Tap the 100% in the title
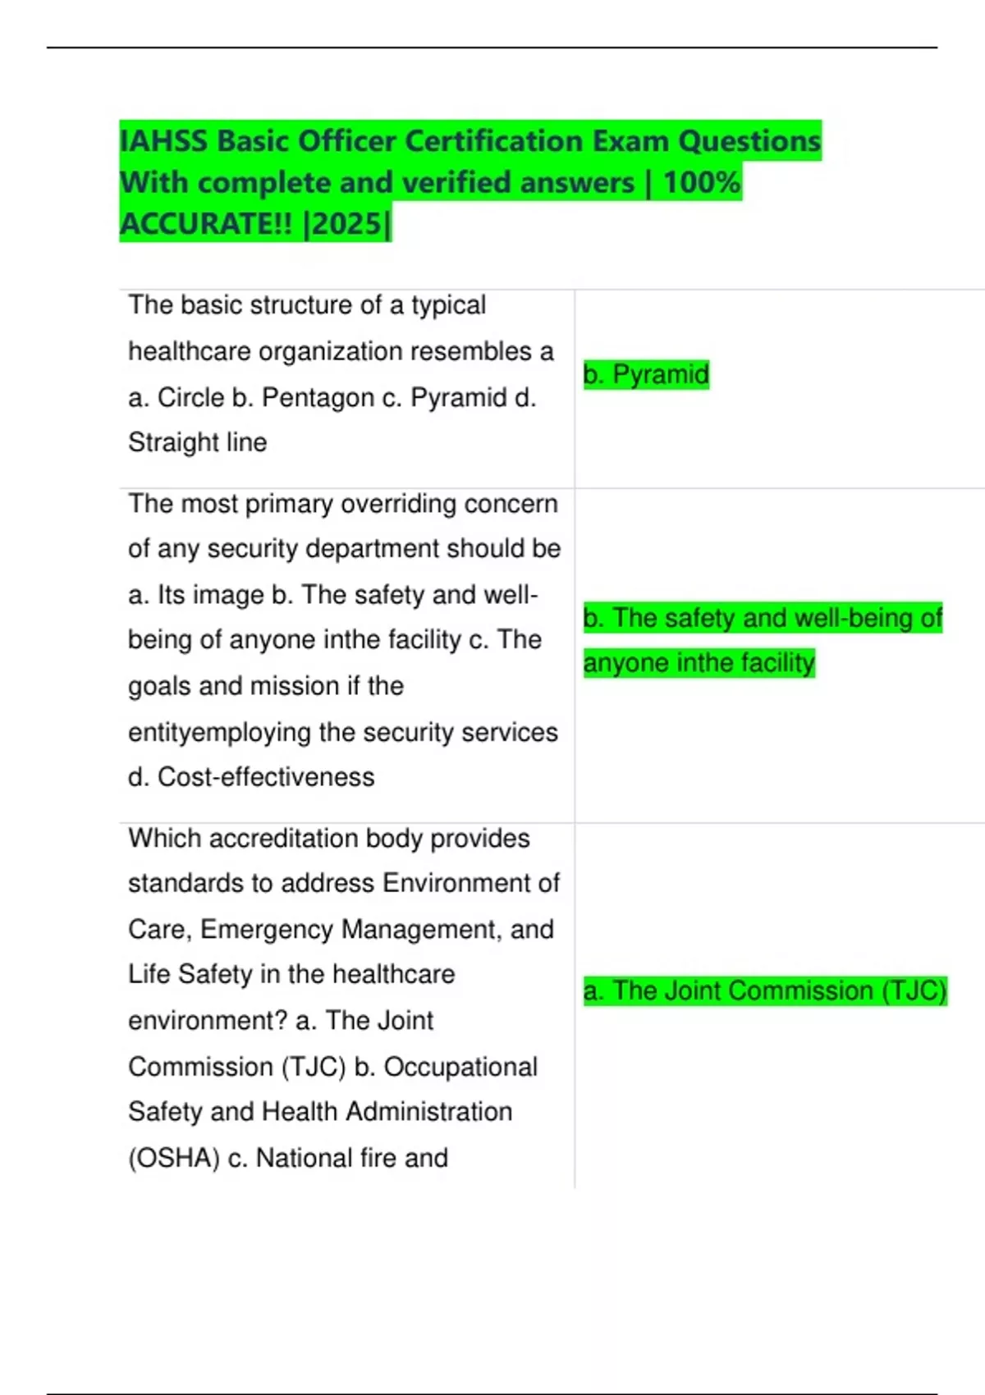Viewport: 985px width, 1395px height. click(x=701, y=182)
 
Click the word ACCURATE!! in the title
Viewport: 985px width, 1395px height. click(x=206, y=223)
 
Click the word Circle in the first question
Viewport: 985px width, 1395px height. click(x=190, y=397)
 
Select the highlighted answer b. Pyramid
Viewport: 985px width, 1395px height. click(x=646, y=374)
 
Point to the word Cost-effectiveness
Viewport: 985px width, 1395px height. click(x=266, y=776)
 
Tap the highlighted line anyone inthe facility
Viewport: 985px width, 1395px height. click(x=699, y=662)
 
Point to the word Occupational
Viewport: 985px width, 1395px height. click(x=460, y=1067)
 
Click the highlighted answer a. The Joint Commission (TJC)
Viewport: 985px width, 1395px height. click(x=764, y=990)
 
